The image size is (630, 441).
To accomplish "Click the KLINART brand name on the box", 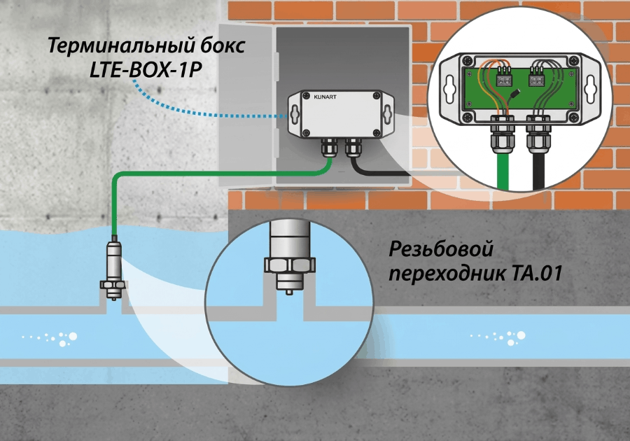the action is [325, 97].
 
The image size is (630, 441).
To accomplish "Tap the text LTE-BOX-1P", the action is [145, 70].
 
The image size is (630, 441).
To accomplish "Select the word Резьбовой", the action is [441, 250].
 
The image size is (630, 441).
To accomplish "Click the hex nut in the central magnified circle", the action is [290, 265].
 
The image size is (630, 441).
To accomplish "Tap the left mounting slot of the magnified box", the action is [450, 88].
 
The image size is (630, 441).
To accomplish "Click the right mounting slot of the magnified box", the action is [590, 88].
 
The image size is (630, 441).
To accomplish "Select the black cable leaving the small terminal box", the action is [378, 166].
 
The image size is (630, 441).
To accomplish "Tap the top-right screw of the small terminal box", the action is [377, 96].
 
